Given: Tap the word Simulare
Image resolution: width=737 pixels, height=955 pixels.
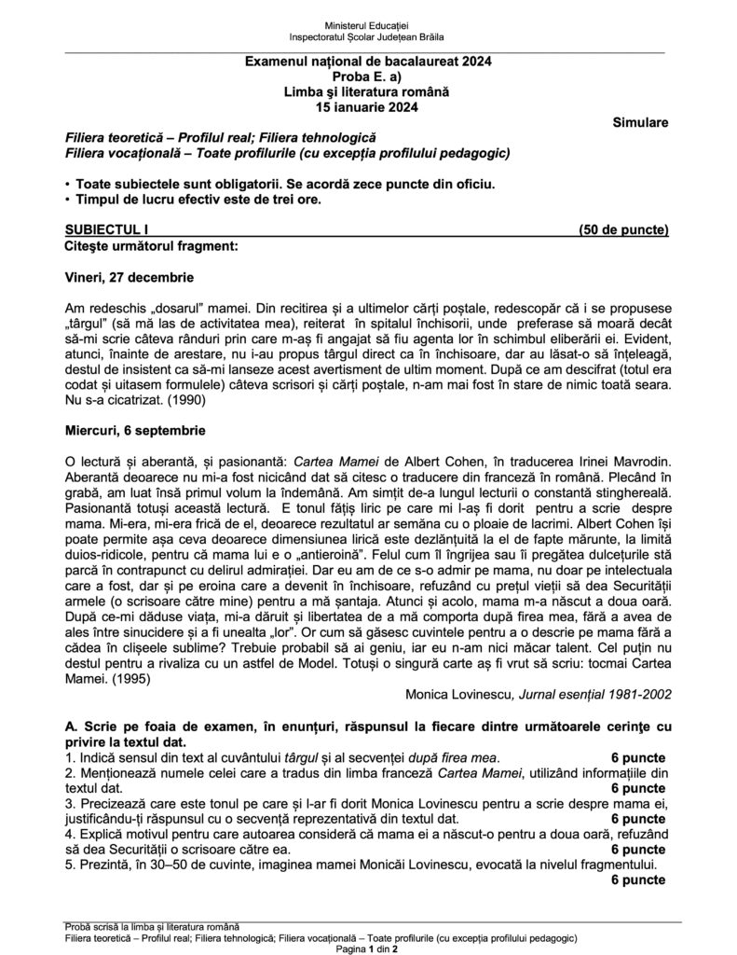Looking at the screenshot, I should (x=641, y=122).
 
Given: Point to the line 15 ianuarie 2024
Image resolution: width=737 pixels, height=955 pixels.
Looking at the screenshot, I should (x=368, y=107).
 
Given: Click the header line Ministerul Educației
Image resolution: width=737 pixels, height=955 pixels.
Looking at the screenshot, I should (x=368, y=22).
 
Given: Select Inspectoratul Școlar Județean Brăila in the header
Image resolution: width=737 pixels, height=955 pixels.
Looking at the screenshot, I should (x=368, y=36).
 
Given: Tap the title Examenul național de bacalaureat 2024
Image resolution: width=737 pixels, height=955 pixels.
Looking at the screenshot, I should (x=368, y=62).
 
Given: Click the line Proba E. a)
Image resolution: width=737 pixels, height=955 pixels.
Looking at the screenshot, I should (x=368, y=77).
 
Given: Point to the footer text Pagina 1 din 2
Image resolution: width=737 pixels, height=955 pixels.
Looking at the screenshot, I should (x=368, y=948).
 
